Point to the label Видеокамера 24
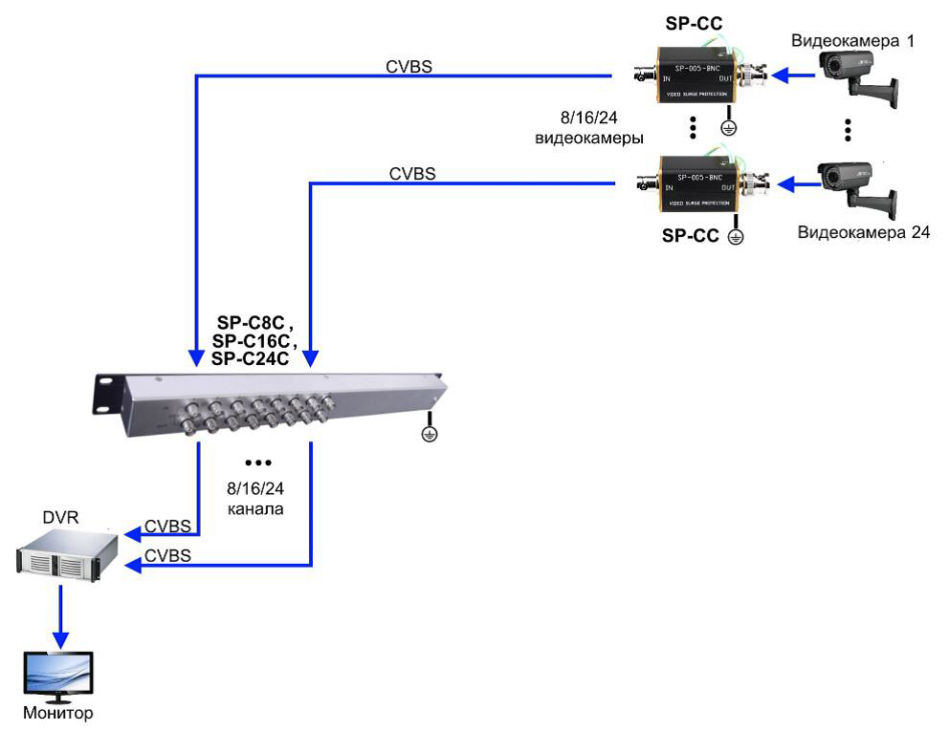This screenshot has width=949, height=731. click(x=863, y=232)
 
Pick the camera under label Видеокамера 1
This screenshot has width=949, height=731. click(x=858, y=75)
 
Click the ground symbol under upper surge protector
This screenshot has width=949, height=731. click(x=728, y=128)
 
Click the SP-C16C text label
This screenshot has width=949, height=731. click(x=254, y=341)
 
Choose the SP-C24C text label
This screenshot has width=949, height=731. click(x=251, y=358)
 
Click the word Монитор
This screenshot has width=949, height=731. click(x=59, y=713)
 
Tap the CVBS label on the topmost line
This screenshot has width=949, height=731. click(x=408, y=66)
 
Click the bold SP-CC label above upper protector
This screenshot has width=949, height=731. click(x=696, y=21)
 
